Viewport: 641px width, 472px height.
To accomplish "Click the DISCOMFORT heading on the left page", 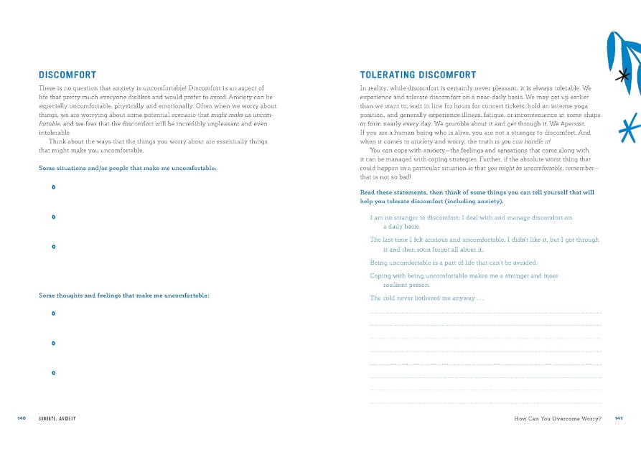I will (67, 75).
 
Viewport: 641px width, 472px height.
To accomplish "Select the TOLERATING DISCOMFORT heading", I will (418, 75).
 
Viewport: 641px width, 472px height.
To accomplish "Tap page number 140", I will (22, 418).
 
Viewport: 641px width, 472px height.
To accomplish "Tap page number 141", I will (619, 418).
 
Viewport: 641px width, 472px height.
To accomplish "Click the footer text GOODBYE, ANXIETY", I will (57, 418).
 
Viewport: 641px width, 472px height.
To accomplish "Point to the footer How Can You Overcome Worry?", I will (558, 418).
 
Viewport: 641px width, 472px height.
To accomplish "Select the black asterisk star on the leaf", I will (624, 75).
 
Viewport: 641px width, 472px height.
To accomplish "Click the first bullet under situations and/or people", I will (54, 187).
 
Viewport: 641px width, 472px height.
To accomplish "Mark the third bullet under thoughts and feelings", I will (54, 373).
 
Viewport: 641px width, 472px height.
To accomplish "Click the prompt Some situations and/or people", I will (128, 169).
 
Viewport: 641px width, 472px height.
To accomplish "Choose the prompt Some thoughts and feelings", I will (123, 295).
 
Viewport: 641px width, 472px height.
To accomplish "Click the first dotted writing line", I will (485, 313).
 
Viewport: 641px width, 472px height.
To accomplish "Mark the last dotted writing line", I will (485, 402).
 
